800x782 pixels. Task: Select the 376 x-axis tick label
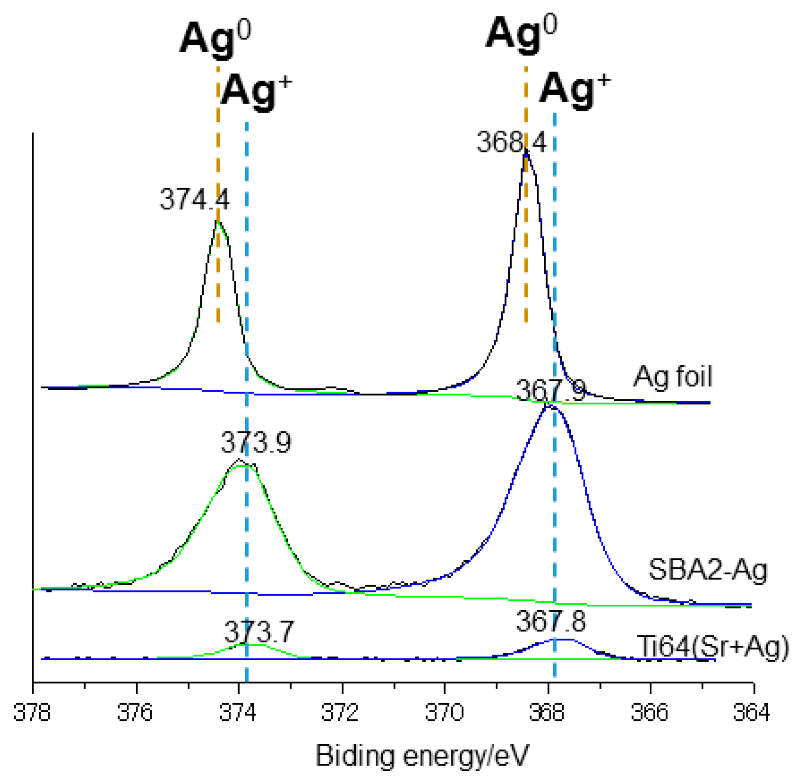[135, 712]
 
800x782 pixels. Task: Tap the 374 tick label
[239, 712]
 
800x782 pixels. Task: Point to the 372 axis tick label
[341, 712]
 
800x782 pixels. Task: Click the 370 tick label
[444, 712]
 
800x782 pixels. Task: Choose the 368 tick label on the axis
[547, 712]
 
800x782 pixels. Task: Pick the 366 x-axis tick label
[650, 712]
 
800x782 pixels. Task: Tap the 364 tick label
[751, 712]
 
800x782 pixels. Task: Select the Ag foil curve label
[673, 377]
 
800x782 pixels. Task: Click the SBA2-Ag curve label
[708, 570]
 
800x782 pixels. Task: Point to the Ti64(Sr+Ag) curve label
[713, 647]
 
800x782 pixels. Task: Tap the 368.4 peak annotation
[511, 142]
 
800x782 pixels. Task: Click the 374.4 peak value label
[195, 199]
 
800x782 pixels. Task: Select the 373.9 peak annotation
[256, 442]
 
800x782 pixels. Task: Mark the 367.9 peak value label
[551, 391]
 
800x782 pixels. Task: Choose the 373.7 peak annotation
[259, 632]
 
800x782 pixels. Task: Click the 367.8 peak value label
[551, 621]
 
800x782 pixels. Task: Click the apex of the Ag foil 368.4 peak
[526, 150]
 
